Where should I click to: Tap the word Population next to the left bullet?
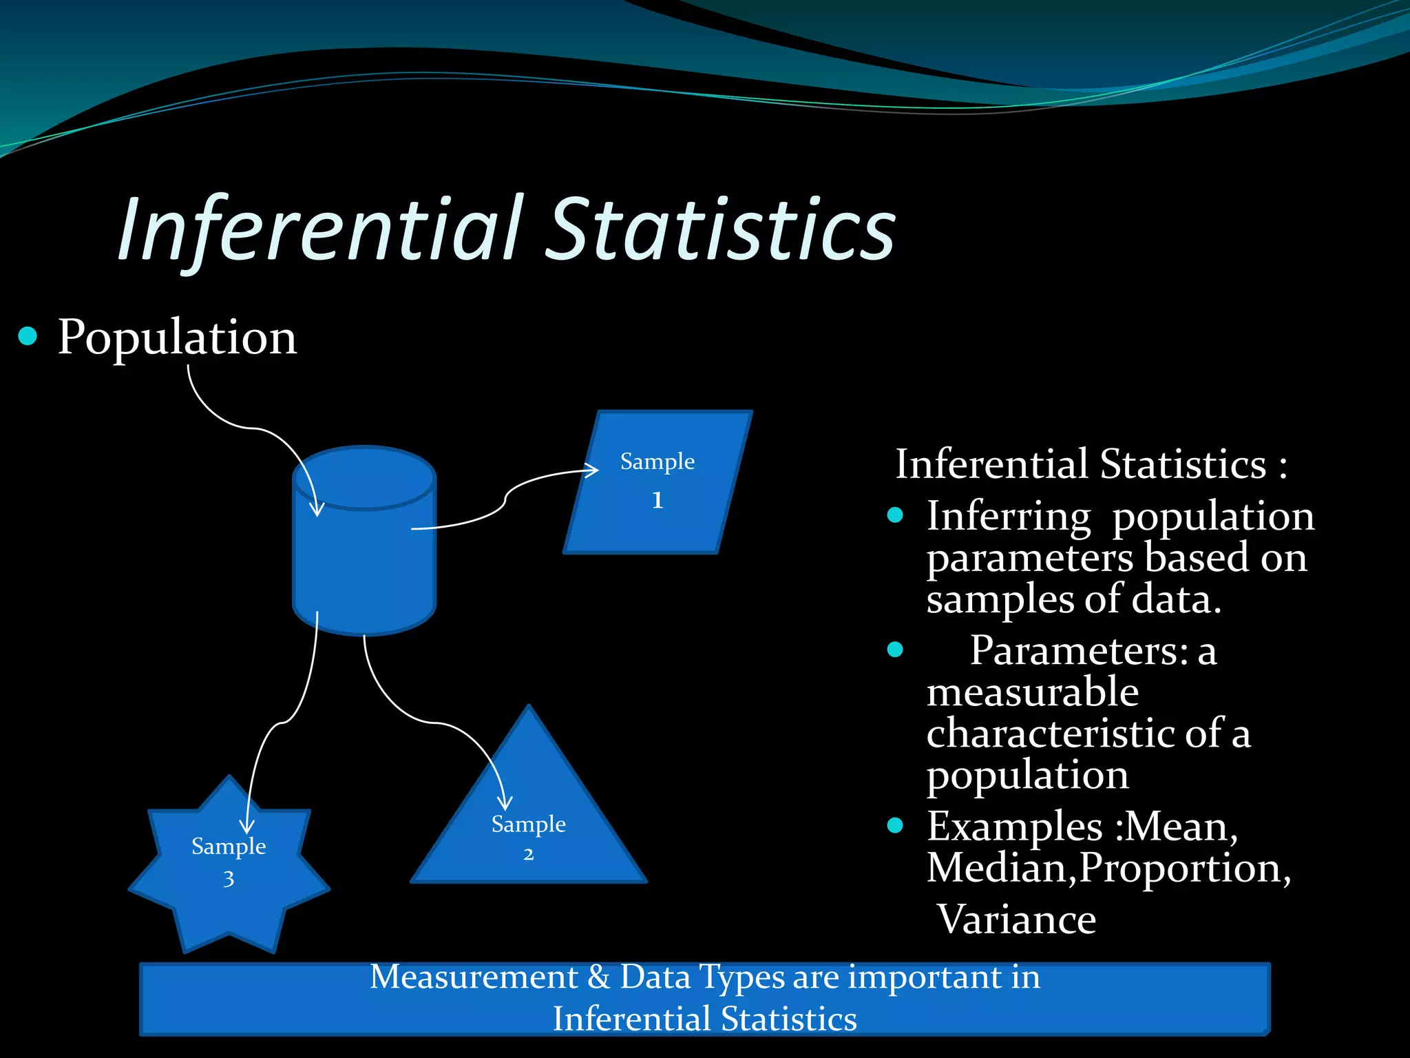[x=177, y=338]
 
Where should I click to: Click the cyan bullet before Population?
[x=28, y=336]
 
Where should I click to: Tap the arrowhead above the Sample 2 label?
[x=505, y=803]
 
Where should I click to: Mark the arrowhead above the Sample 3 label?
[x=246, y=827]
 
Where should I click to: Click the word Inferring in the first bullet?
[x=1009, y=517]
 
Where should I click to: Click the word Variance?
[x=1017, y=920]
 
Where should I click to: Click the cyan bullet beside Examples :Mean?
[x=895, y=825]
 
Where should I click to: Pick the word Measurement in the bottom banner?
[x=474, y=977]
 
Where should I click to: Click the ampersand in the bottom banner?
[x=599, y=977]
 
